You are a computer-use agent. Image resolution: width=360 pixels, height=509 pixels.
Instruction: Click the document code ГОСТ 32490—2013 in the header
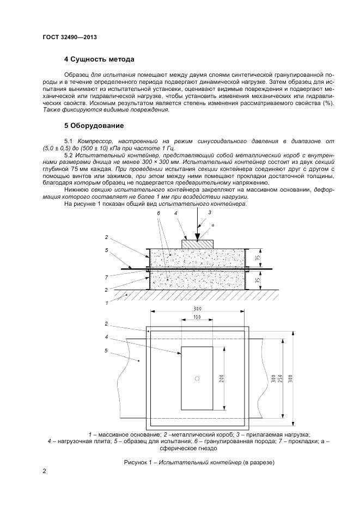point(69,38)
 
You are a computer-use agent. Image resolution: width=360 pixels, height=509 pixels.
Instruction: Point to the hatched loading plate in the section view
point(198,244)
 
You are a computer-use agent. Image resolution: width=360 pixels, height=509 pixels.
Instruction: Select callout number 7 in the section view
point(106,277)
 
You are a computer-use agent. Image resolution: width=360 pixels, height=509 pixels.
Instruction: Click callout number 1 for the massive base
point(107,302)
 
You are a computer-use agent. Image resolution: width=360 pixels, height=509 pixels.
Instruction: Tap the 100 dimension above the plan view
point(197,316)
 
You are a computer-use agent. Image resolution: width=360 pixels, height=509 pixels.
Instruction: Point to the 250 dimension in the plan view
point(279,379)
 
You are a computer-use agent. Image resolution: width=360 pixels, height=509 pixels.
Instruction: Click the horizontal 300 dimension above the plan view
point(197,308)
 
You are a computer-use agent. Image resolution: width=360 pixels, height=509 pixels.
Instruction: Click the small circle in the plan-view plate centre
point(198,378)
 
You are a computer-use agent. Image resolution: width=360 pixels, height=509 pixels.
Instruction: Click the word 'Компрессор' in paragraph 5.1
point(96,140)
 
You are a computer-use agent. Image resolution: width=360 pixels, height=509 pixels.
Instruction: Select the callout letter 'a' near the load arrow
point(213,224)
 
